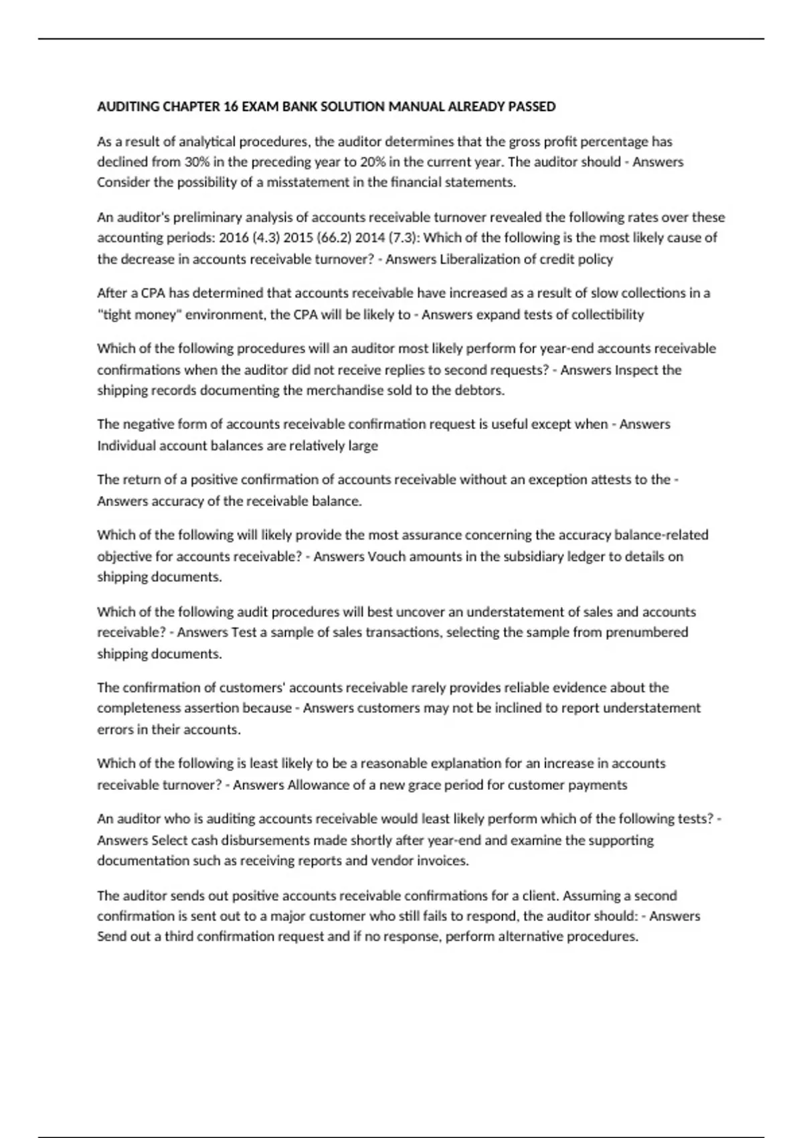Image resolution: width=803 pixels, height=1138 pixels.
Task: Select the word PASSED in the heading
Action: [x=532, y=106]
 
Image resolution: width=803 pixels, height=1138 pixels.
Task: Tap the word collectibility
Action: [x=607, y=315]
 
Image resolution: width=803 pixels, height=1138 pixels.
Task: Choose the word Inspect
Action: [x=636, y=370]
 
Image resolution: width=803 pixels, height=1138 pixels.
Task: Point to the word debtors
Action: [x=482, y=390]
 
